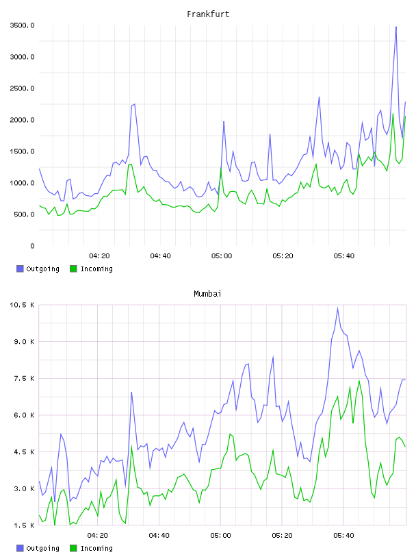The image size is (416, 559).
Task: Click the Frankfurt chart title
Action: (x=208, y=14)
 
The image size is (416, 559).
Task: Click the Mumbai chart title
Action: (x=207, y=294)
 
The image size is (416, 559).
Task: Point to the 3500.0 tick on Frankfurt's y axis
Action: (x=22, y=25)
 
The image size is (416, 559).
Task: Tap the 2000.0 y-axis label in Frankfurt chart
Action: (x=22, y=120)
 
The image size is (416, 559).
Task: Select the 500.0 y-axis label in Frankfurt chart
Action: (x=24, y=214)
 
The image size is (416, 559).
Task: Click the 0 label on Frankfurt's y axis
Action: (x=32, y=246)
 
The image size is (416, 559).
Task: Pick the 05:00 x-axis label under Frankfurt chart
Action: (x=222, y=256)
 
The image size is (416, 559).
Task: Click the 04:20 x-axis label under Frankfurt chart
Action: (x=99, y=256)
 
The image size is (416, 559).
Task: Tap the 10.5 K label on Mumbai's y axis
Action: (x=22, y=305)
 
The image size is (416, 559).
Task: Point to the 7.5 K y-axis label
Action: (x=24, y=378)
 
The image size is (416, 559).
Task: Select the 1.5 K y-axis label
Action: (x=24, y=525)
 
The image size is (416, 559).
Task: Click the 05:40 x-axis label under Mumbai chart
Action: (x=343, y=536)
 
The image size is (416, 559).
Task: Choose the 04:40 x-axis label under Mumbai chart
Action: (x=159, y=536)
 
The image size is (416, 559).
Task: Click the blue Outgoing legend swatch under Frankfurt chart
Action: (x=20, y=269)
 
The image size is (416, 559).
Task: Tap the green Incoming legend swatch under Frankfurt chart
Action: (x=73, y=269)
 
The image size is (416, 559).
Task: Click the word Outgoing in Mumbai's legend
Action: (x=42, y=548)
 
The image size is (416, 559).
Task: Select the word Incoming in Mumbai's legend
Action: (x=96, y=548)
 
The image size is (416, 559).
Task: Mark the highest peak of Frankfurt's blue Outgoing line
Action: (x=395, y=27)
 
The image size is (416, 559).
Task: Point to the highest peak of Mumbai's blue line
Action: (x=337, y=308)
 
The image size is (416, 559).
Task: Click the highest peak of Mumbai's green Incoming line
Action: (x=359, y=380)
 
